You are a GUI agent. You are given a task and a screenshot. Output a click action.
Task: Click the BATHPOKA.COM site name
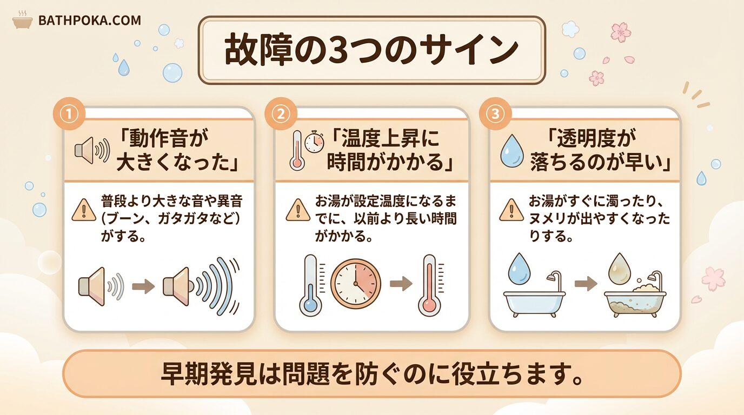coord(90,21)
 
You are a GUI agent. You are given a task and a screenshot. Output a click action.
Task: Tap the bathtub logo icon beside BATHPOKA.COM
coord(23,20)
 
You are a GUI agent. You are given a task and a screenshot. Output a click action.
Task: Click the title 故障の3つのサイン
coord(371,50)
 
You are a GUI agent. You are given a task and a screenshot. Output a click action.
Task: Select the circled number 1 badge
coord(69,114)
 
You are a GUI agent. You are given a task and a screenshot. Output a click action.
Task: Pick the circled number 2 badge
coord(281,114)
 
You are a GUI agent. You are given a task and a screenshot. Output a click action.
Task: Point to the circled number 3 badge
coord(495,114)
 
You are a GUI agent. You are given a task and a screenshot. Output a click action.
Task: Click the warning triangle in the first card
coord(84,210)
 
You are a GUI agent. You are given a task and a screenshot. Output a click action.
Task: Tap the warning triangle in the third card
coord(511,210)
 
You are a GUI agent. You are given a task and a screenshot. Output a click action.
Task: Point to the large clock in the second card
coord(356,284)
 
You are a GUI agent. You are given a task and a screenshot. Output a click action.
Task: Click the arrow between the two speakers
coord(143,286)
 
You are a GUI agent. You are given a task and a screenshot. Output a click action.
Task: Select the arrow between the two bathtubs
coord(586,284)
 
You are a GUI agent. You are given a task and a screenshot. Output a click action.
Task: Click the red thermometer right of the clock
coord(429,285)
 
